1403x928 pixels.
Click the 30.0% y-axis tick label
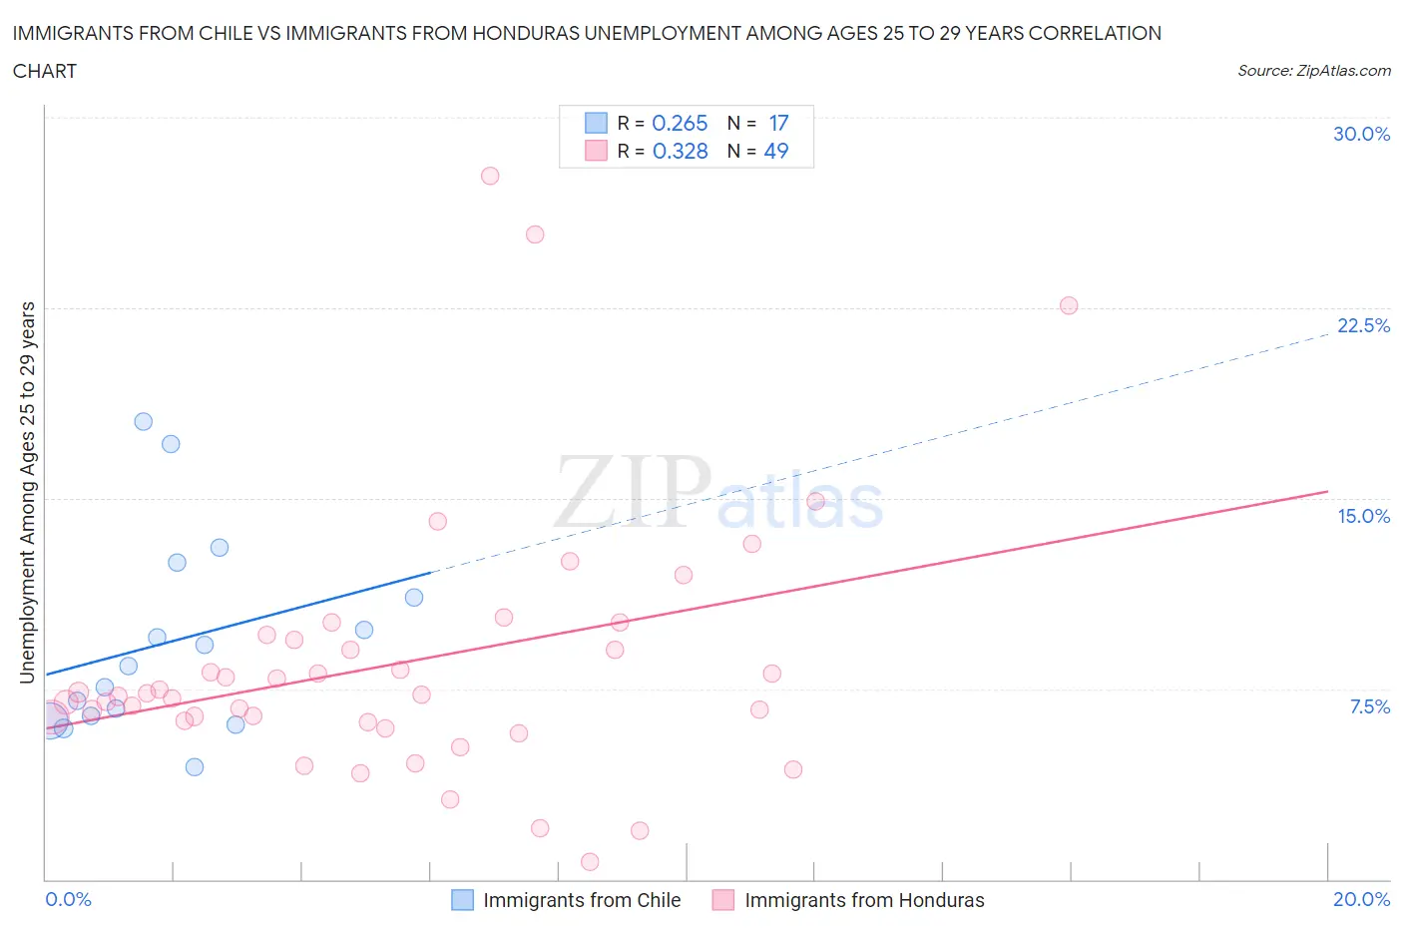pos(1361,134)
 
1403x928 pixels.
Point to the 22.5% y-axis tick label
pos(1362,325)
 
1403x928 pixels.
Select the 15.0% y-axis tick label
pos(1363,516)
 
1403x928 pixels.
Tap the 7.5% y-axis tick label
pos(1369,706)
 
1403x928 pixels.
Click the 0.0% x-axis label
pos(68,899)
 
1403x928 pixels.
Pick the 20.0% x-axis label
pos(1361,899)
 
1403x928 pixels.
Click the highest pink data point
pos(490,176)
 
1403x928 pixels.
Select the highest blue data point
pos(144,421)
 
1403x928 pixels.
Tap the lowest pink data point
pos(590,861)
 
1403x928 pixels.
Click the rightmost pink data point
pos(1069,305)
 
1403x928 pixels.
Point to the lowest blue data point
pos(195,766)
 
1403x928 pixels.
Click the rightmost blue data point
pos(414,597)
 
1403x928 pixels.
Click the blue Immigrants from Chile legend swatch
pos(462,900)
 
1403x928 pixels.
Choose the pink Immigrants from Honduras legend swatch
pos(723,900)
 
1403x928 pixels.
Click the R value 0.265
pos(680,123)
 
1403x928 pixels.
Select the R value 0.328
pos(680,151)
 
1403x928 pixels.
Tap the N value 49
pos(775,151)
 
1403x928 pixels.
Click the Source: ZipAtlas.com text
pos(1313,70)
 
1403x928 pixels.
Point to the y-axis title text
pos(27,492)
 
